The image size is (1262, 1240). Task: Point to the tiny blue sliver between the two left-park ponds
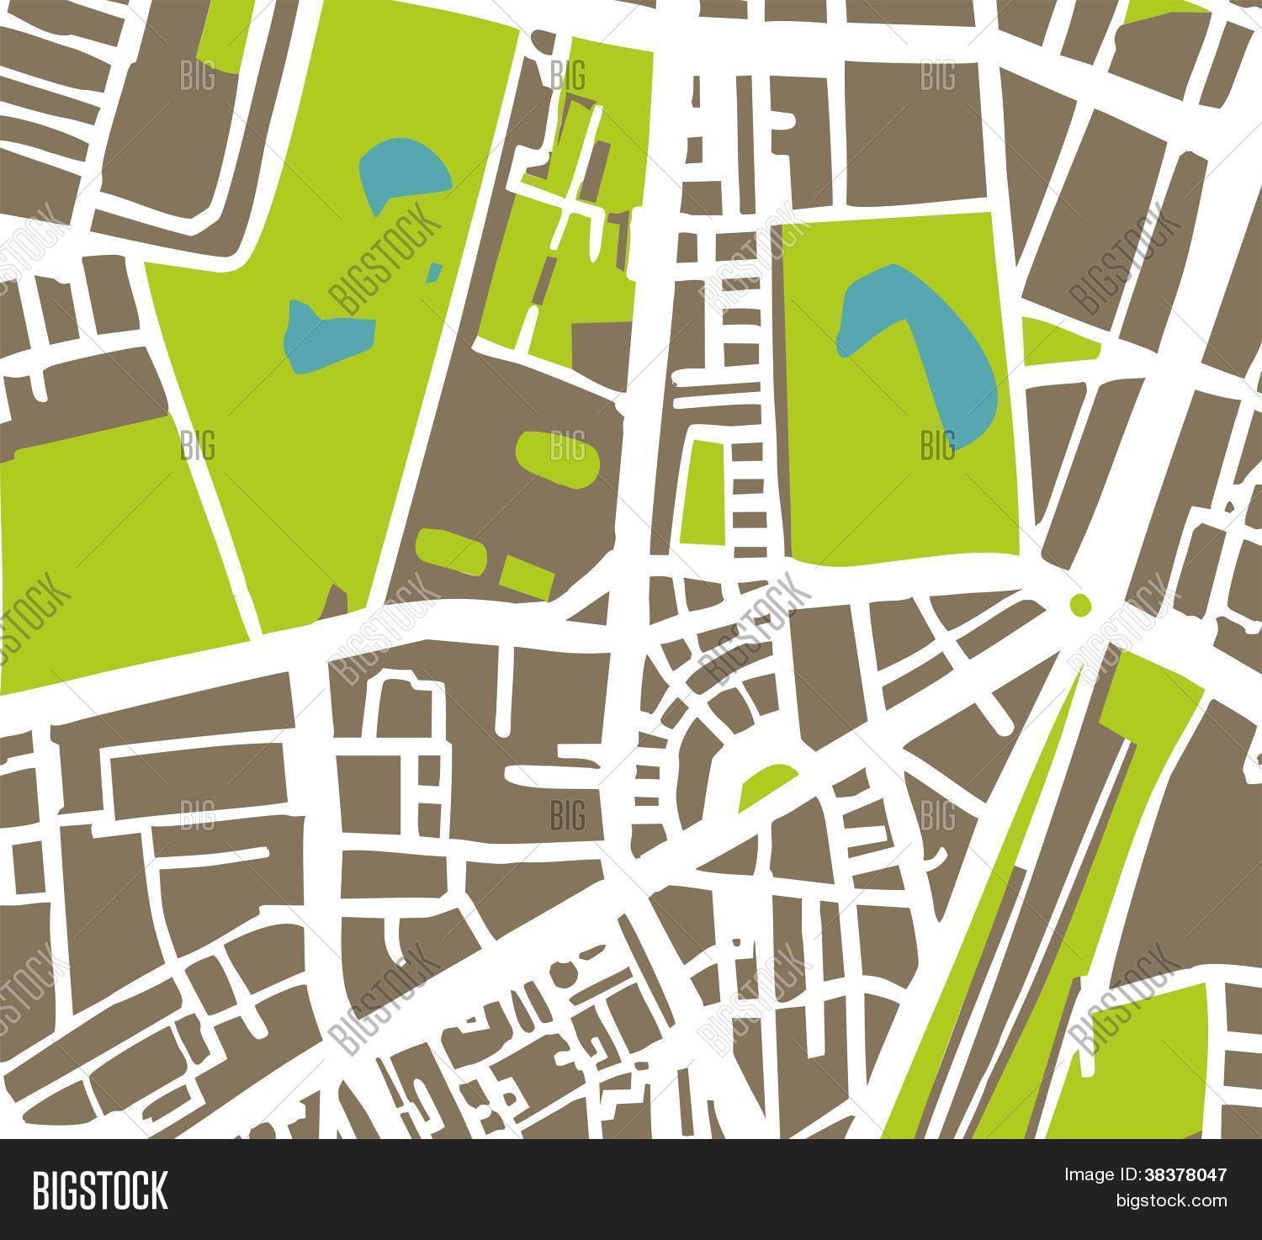[434, 271]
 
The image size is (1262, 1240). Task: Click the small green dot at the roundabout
[1079, 602]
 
